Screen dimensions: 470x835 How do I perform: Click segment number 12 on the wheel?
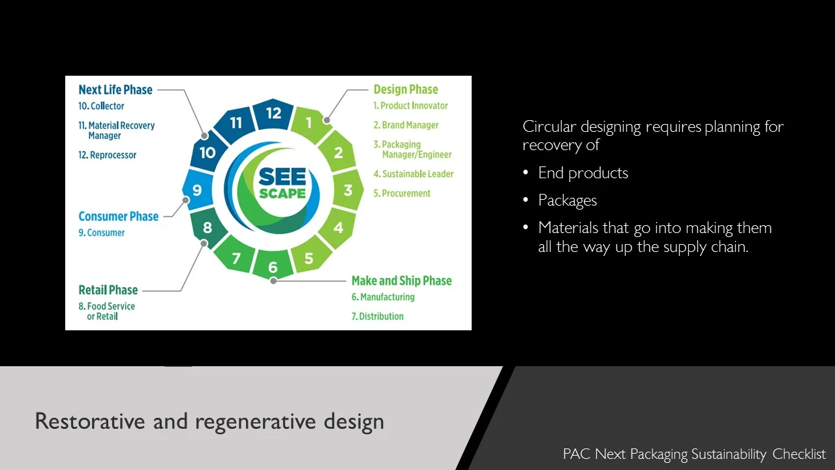273,114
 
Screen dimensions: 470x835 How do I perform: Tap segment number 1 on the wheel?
309,122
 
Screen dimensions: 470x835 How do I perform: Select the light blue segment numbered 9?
197,191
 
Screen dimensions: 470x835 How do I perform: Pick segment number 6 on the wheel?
273,267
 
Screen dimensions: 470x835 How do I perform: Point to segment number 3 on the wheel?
348,191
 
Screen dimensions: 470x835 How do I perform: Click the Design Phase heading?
405,89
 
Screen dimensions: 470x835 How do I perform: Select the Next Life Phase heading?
115,89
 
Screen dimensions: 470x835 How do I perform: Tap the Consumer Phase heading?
118,216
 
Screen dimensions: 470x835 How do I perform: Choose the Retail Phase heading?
108,290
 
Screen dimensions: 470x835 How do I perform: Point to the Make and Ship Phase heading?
401,281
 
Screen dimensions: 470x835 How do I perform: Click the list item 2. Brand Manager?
406,125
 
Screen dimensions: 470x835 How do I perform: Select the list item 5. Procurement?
402,193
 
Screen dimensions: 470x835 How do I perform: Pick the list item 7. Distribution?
378,317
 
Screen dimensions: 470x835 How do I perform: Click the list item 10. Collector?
101,106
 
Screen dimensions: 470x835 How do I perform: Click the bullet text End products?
583,173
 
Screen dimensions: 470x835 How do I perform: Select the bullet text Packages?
568,200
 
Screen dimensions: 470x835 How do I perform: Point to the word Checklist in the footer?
799,454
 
